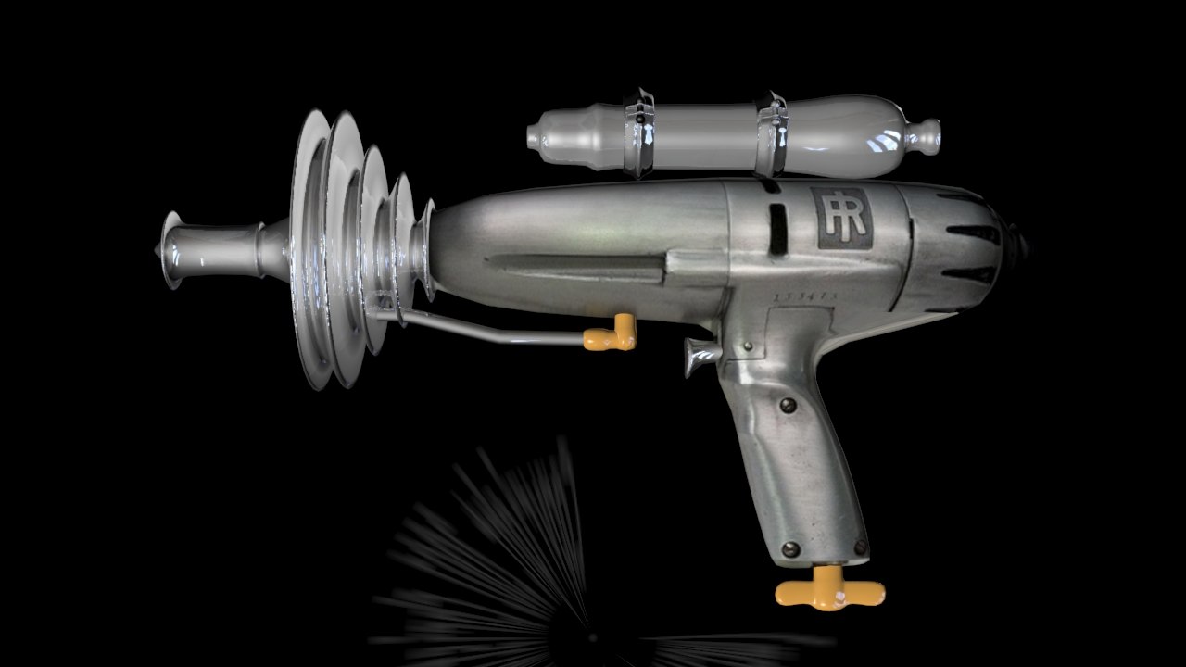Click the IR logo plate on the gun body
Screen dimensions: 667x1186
(842, 218)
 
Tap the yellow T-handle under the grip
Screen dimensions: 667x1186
(829, 590)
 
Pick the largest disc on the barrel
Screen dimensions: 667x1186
(309, 250)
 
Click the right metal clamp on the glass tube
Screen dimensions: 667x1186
(771, 134)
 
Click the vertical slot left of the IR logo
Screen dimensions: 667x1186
(778, 228)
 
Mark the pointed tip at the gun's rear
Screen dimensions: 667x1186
(1022, 243)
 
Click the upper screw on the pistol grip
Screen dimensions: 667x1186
(788, 405)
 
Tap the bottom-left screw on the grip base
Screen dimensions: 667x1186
(790, 549)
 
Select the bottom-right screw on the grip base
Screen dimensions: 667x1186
(859, 547)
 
